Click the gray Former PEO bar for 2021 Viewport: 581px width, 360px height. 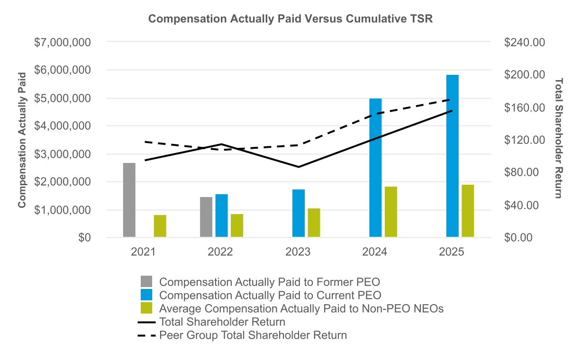(x=129, y=200)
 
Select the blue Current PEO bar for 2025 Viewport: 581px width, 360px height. (x=453, y=156)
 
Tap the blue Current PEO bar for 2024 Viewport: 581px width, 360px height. (x=375, y=168)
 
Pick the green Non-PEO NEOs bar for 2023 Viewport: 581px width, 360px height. (x=314, y=223)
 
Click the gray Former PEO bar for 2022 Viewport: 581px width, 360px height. (x=206, y=217)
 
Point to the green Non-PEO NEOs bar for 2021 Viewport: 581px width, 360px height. (x=160, y=226)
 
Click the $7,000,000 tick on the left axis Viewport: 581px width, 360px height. (x=63, y=42)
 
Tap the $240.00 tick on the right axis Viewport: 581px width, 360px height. (x=525, y=42)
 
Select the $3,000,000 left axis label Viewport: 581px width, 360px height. (x=63, y=154)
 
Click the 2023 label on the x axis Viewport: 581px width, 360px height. (x=298, y=252)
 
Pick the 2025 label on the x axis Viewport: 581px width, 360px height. (x=452, y=252)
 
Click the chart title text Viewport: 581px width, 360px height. (x=290, y=18)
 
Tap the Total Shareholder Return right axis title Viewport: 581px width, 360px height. (x=559, y=138)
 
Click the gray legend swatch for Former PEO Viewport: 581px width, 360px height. (x=146, y=281)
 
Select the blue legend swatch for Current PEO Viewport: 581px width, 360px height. (x=146, y=295)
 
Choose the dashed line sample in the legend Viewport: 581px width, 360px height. (x=146, y=335)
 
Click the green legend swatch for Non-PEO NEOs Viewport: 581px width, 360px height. (x=146, y=308)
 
